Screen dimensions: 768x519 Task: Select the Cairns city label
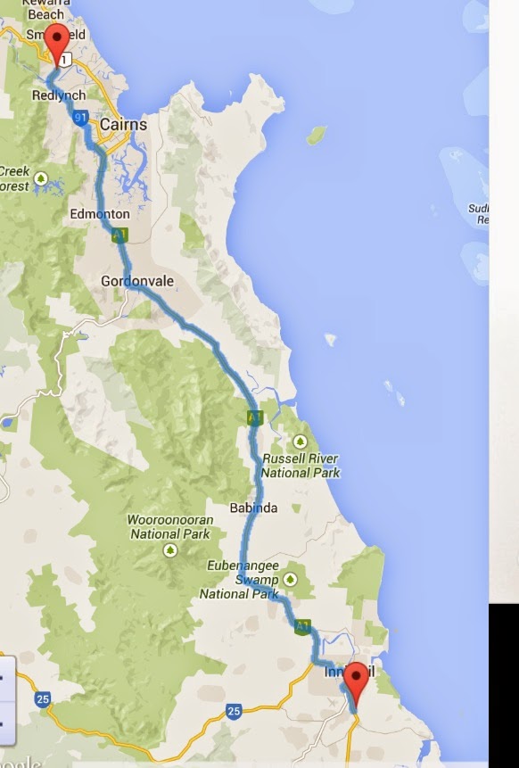point(123,124)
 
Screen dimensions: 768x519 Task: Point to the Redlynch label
point(59,95)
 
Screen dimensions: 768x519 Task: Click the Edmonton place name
point(99,214)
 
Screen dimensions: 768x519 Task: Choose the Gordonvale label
point(137,281)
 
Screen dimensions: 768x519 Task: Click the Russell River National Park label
point(301,466)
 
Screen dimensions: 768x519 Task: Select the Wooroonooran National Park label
point(169,526)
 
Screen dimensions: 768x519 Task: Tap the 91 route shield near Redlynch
point(80,117)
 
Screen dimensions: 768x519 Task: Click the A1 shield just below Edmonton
point(119,235)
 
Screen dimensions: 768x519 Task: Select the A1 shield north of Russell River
point(255,417)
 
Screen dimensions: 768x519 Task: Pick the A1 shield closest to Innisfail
point(303,626)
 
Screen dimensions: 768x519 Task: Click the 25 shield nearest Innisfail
point(234,711)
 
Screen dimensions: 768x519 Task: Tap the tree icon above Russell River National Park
point(301,442)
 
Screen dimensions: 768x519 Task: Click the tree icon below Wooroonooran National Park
point(169,550)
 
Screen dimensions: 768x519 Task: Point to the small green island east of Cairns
point(316,135)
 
